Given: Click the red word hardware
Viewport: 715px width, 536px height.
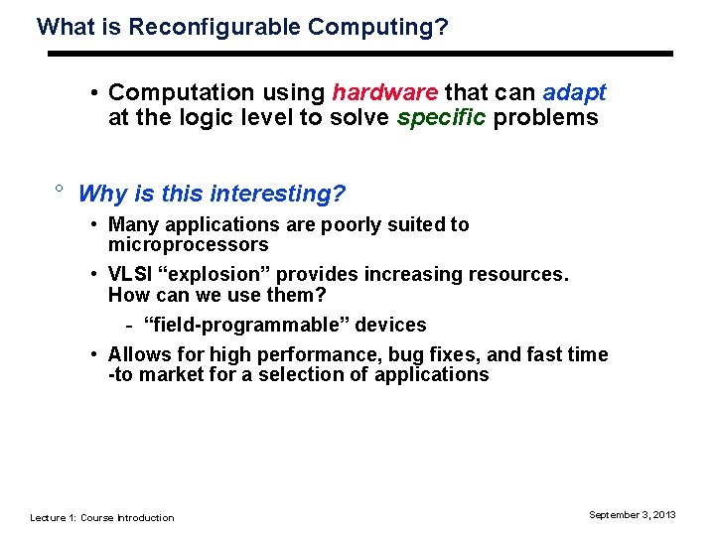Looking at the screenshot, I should [x=384, y=92].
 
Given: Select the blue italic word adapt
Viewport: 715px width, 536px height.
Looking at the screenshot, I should [x=574, y=92].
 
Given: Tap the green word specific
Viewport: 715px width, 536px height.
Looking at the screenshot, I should [x=443, y=118].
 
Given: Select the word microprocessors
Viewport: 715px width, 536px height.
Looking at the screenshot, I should [x=188, y=244].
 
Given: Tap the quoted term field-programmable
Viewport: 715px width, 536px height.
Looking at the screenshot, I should [x=284, y=325].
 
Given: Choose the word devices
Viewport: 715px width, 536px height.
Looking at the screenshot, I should [x=394, y=325].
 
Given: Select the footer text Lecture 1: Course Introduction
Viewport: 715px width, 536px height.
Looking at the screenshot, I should [x=101, y=517].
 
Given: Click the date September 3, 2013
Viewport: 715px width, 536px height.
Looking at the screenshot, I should [x=632, y=514].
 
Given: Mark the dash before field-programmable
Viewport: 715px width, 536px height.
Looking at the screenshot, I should [x=130, y=326].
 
